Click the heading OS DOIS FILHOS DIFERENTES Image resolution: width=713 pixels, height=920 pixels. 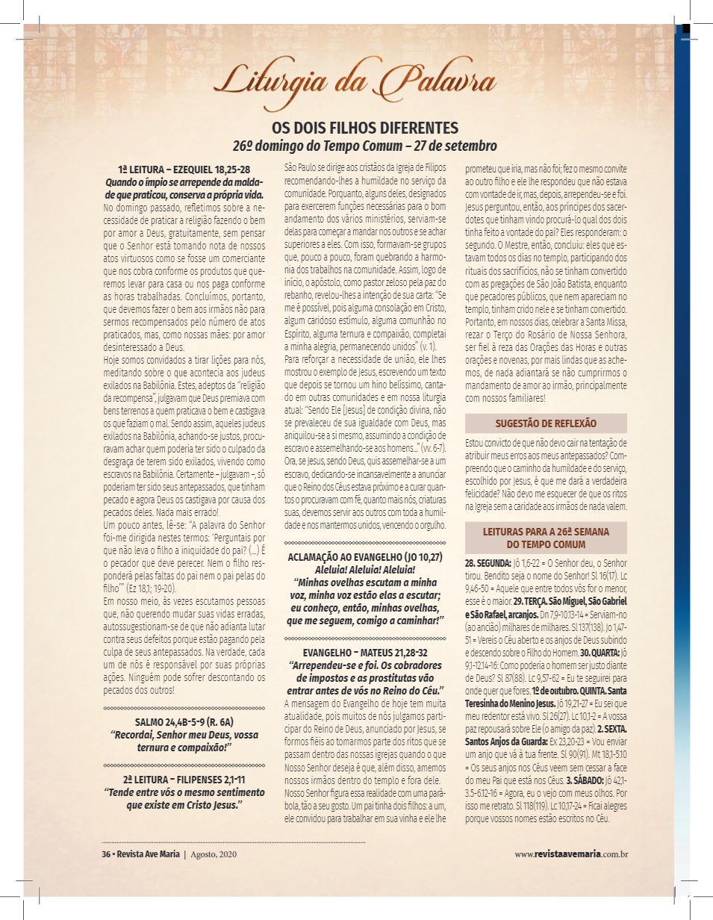coord(364,128)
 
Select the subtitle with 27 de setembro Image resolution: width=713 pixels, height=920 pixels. coord(364,145)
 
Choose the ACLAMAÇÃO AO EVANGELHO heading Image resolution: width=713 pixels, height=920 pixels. coord(366,556)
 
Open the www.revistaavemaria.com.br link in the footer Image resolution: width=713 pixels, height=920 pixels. coord(570,854)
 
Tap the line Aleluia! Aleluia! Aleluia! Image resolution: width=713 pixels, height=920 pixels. coord(366,568)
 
